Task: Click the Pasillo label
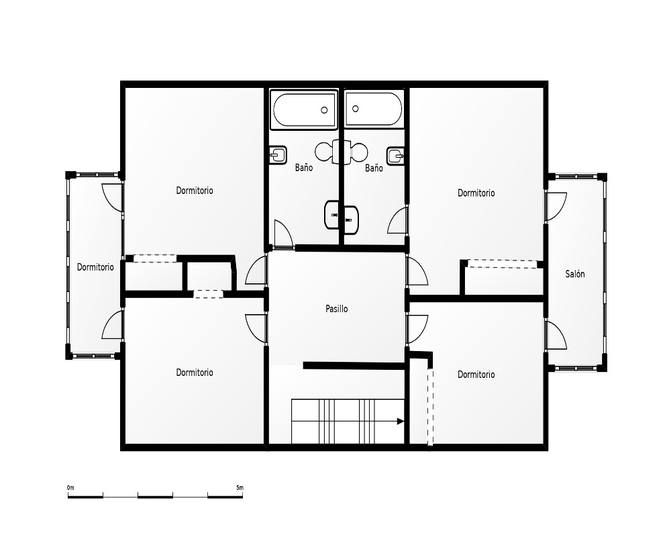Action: (x=336, y=309)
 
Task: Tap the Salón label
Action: (x=575, y=274)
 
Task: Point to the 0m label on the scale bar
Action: (x=70, y=488)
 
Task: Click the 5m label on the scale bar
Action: (x=240, y=488)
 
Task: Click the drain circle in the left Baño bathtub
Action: (x=324, y=110)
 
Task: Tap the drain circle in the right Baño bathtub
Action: (x=355, y=109)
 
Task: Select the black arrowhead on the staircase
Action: (x=401, y=422)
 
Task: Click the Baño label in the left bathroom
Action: (x=303, y=167)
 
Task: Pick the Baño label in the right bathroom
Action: (x=374, y=168)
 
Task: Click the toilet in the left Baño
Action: (x=328, y=152)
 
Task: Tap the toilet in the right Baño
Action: (x=355, y=152)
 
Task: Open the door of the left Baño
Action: (x=284, y=235)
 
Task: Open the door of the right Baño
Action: (x=398, y=220)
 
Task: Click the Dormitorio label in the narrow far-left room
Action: (x=95, y=267)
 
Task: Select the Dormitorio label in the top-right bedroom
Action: (x=476, y=193)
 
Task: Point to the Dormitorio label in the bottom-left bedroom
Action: (x=195, y=373)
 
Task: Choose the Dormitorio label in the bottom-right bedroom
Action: (x=476, y=375)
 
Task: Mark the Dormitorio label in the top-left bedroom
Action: (x=195, y=191)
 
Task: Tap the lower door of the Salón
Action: (x=556, y=336)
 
